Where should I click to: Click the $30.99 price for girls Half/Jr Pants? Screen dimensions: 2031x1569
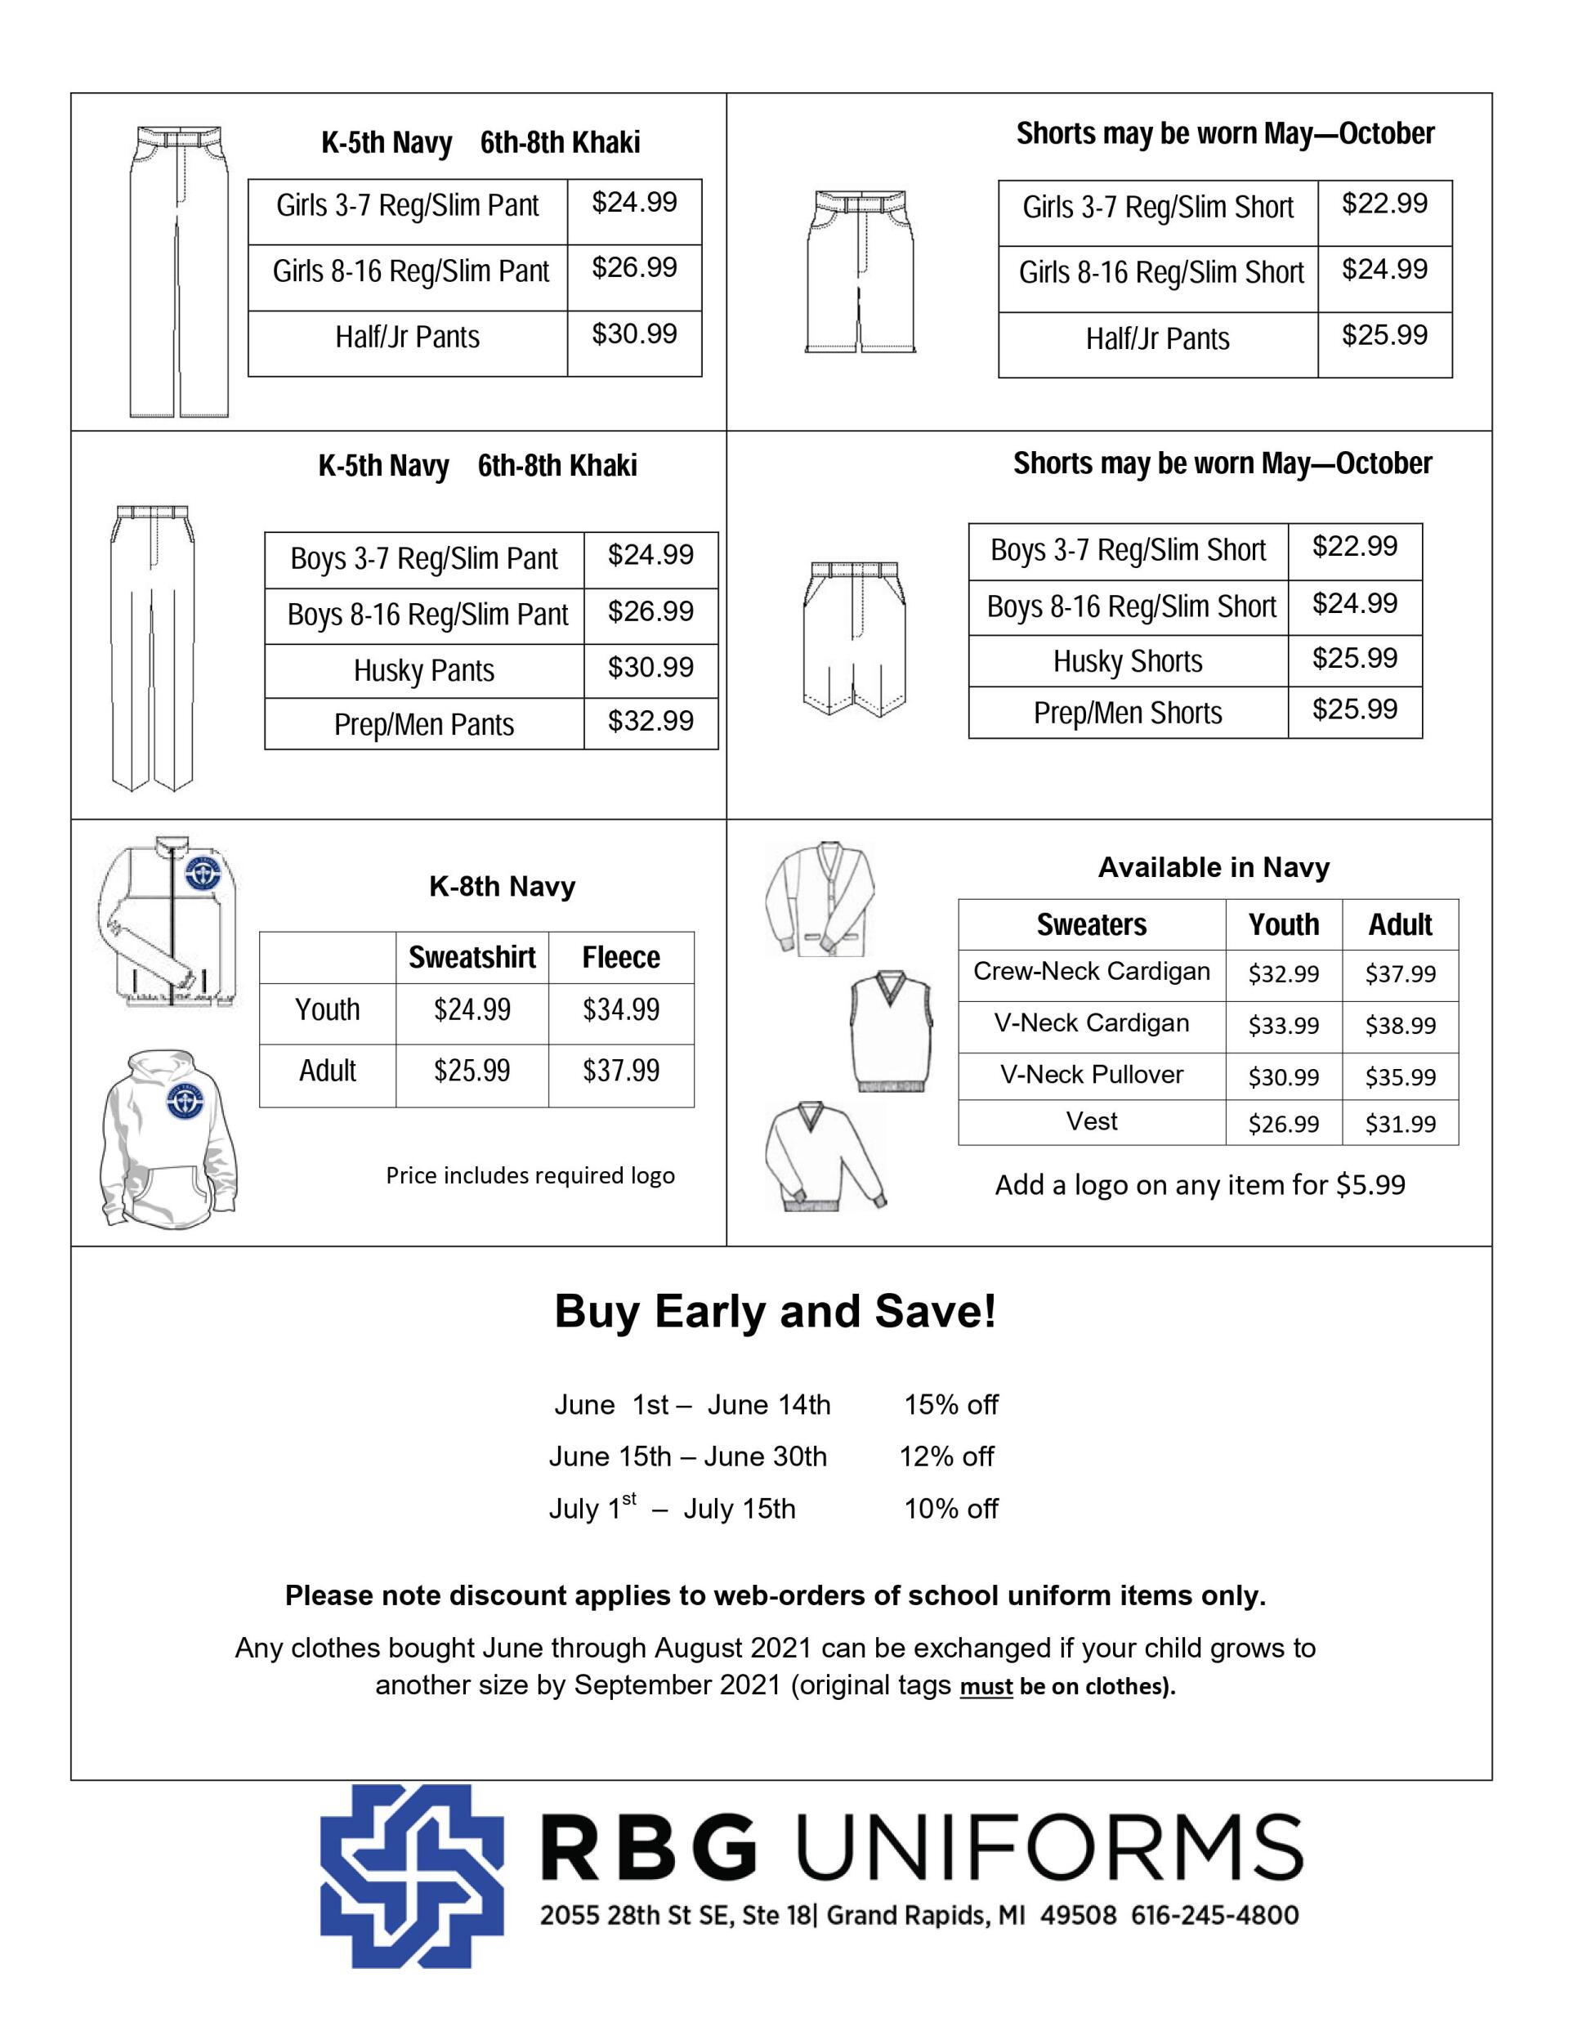tap(634, 333)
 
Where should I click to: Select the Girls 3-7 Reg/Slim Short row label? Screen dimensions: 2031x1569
tap(1157, 207)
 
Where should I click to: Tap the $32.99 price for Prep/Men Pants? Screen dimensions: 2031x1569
tap(650, 721)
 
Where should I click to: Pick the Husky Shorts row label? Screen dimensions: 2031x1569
tap(1127, 661)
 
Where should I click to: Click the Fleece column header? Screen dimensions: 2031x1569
tap(620, 957)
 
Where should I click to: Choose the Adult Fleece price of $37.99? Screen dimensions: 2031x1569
tap(620, 1071)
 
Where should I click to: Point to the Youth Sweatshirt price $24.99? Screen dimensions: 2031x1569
tap(472, 1009)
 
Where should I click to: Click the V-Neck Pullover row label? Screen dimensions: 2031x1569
tap(1091, 1074)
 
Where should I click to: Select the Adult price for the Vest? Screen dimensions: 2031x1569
tap(1400, 1123)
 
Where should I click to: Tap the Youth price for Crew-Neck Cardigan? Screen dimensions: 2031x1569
tap(1282, 973)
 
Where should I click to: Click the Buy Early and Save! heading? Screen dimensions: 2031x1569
tap(775, 1311)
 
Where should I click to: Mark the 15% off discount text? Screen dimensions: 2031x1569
tap(950, 1404)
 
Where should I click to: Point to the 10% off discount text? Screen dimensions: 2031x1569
tap(950, 1509)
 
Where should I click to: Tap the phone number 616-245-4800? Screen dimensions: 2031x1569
tap(1214, 1916)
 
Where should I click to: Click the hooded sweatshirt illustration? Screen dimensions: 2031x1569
tap(168, 1136)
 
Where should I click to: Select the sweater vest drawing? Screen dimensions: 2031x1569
tap(891, 1031)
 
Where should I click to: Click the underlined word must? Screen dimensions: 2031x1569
tap(986, 1687)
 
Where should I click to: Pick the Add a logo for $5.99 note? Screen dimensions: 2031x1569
tap(1199, 1185)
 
